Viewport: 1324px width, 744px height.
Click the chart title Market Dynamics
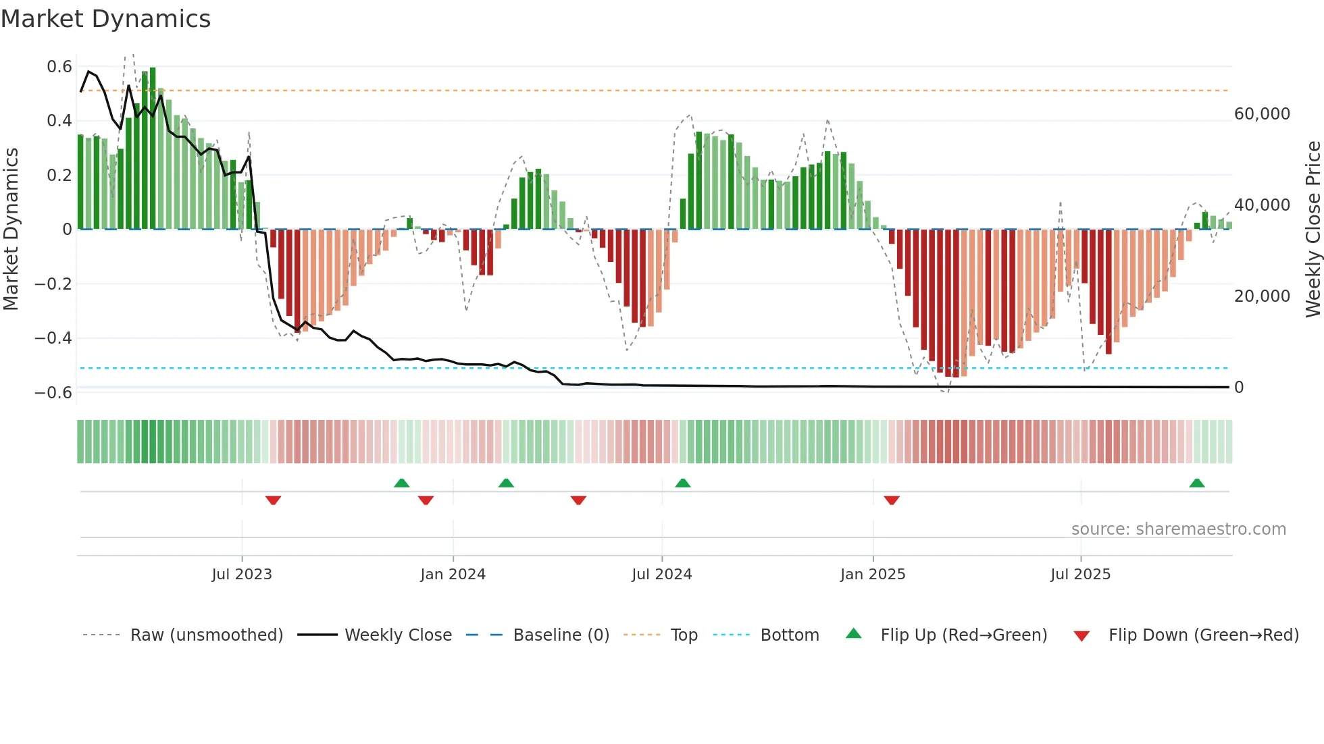(x=106, y=19)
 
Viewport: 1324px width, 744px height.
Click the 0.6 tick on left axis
(x=59, y=67)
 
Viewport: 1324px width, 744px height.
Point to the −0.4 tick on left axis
(x=53, y=338)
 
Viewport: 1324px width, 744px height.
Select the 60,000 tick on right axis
(x=1262, y=114)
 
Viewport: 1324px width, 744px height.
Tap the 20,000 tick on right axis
(x=1262, y=296)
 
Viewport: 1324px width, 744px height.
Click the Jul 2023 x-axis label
(x=242, y=575)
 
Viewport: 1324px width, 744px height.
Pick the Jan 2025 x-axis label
(x=873, y=575)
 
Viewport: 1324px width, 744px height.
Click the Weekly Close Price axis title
(x=1313, y=230)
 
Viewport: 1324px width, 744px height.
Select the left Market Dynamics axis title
(x=11, y=230)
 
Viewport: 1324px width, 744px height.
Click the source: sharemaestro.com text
(x=1178, y=529)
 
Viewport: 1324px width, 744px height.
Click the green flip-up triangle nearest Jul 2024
(x=683, y=483)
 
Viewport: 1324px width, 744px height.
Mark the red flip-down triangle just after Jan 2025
(x=892, y=500)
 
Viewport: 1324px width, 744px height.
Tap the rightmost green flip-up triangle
(x=1197, y=483)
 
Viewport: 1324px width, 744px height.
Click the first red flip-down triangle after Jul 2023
(x=273, y=500)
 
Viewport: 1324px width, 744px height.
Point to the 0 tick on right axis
(x=1239, y=388)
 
